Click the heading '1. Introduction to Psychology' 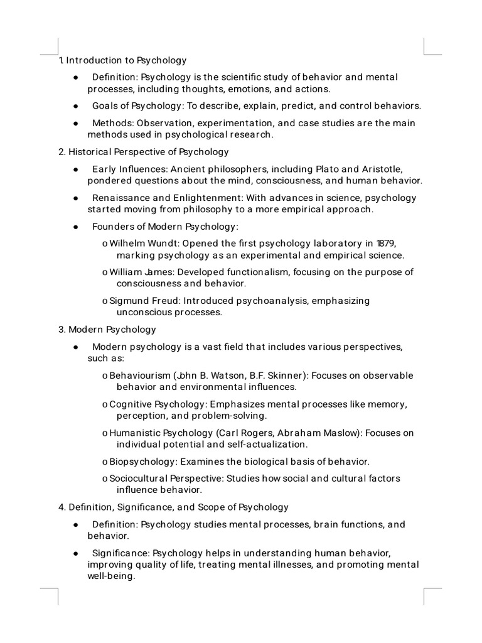coord(122,61)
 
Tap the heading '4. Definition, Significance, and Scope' coord(173,507)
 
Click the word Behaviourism coord(139,376)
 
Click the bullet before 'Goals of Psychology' coord(75,105)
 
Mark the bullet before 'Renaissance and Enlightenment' coord(75,198)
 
